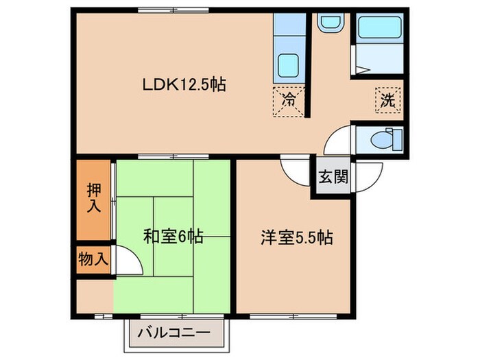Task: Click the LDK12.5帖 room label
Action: [184, 86]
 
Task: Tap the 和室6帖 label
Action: [172, 237]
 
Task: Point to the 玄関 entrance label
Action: [333, 176]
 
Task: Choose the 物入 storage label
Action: [93, 260]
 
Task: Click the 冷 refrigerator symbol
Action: [289, 99]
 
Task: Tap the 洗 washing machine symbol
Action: [387, 99]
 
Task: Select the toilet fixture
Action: [381, 139]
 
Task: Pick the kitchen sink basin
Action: [287, 67]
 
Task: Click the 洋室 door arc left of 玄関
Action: [296, 172]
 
